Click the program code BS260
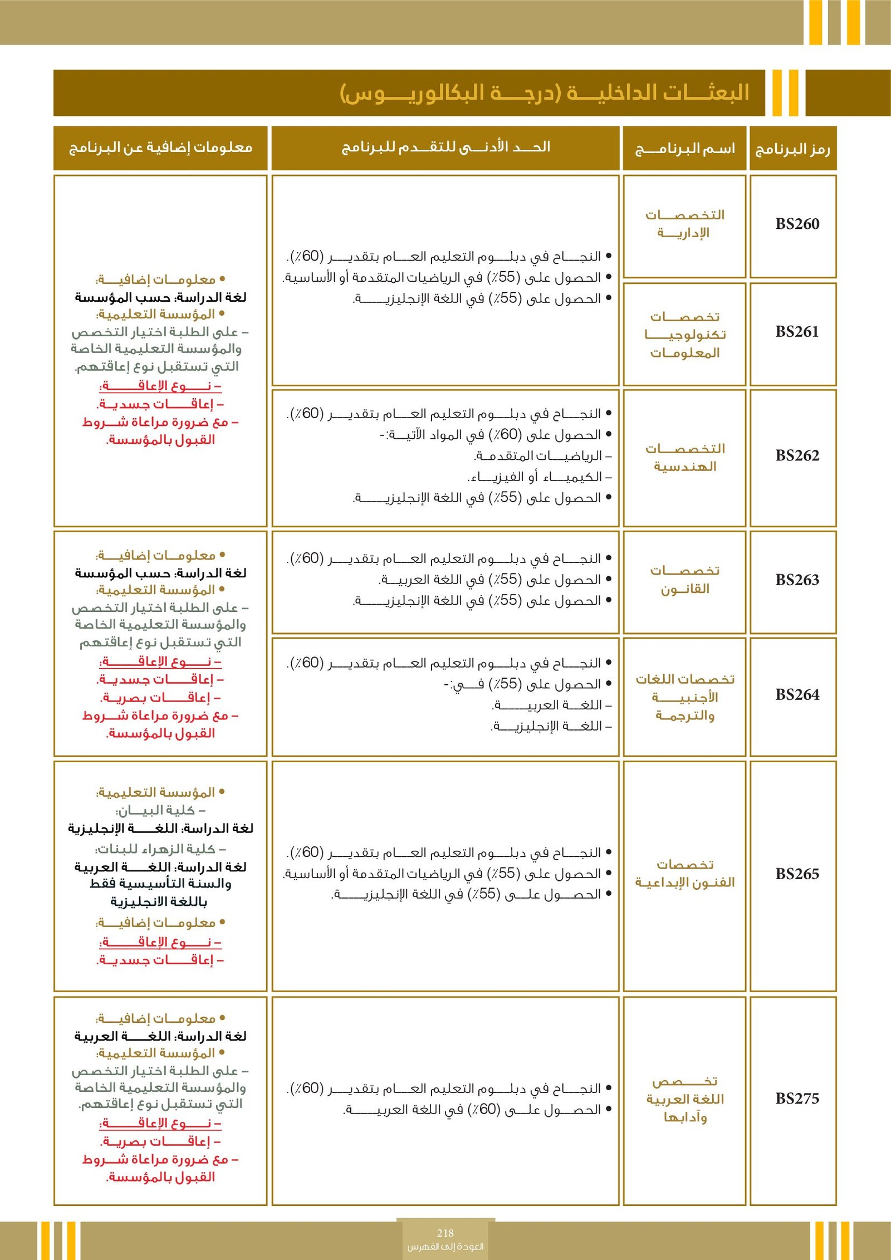[797, 224]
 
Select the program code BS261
[797, 332]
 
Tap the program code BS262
[797, 456]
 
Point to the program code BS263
[797, 580]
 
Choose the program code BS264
[797, 695]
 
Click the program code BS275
[797, 1099]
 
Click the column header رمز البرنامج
[792, 149]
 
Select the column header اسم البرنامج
[685, 149]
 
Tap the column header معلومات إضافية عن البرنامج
[160, 148]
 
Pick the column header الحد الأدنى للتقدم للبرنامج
[445, 147]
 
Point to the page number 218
[445, 1233]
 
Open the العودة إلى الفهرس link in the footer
[445, 1247]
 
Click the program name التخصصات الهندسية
[685, 457]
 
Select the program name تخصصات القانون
[685, 580]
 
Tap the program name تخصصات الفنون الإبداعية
[685, 874]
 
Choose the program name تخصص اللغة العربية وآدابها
[685, 1099]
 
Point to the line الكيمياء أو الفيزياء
[539, 477]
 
